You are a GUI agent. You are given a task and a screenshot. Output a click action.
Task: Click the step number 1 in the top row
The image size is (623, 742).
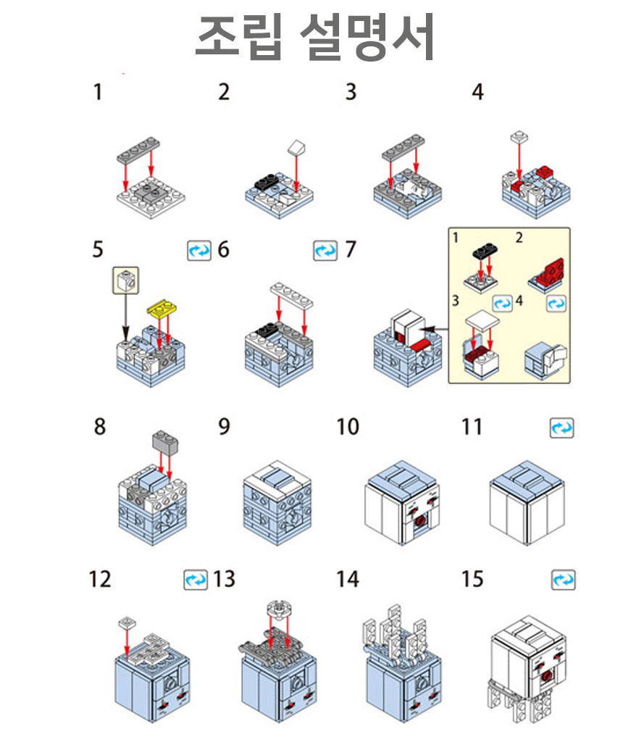pyautogui.click(x=98, y=92)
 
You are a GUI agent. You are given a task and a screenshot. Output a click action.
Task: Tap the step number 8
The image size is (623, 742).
pyautogui.click(x=100, y=426)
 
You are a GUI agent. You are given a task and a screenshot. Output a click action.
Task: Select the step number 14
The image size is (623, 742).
pyautogui.click(x=348, y=579)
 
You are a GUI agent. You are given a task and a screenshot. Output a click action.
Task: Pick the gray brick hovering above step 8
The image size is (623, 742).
pyautogui.click(x=165, y=441)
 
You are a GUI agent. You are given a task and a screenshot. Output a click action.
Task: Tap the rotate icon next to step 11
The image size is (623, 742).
pyautogui.click(x=562, y=428)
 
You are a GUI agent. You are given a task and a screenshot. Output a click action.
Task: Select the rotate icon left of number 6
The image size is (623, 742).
pyautogui.click(x=199, y=250)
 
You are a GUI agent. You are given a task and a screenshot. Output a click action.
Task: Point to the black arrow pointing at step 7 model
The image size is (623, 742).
pyautogui.click(x=434, y=329)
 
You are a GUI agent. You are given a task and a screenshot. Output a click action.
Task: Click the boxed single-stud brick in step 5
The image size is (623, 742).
pyautogui.click(x=126, y=280)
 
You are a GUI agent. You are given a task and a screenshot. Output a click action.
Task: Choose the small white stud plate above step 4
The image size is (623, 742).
pyautogui.click(x=519, y=137)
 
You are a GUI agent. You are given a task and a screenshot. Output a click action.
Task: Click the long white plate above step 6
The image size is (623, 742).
pyautogui.click(x=291, y=296)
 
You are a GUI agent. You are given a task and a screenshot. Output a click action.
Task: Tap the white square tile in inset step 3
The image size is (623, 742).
pyautogui.click(x=482, y=321)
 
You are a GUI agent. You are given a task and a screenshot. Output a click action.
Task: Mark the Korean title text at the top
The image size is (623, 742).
pyautogui.click(x=315, y=38)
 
